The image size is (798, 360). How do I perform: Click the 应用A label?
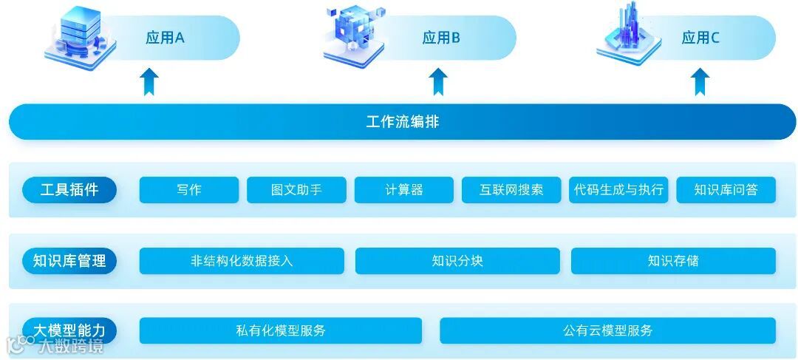click(165, 38)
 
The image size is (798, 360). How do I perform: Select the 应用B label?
click(441, 38)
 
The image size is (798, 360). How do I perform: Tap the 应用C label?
click(700, 38)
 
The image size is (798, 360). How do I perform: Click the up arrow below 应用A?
click(150, 81)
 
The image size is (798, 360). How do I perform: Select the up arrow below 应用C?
click(700, 81)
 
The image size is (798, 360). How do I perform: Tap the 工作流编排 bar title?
click(403, 122)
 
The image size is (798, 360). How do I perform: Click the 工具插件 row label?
click(69, 190)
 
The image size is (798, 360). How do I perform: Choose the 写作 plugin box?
click(189, 190)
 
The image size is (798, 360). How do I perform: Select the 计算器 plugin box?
click(404, 190)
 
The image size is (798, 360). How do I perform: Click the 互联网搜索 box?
click(511, 190)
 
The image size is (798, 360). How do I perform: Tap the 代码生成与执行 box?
click(619, 190)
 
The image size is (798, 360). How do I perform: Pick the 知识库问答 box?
click(726, 190)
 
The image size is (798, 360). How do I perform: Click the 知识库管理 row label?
click(69, 261)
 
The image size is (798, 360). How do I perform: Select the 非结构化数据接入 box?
click(242, 261)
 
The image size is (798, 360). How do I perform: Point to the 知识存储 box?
click(673, 261)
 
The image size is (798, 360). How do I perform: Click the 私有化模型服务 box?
click(281, 330)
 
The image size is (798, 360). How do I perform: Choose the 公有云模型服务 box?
click(607, 330)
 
